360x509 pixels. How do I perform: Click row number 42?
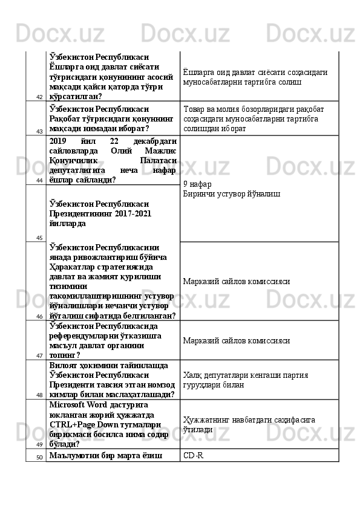tap(38, 96)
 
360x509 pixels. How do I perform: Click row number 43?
tap(38, 131)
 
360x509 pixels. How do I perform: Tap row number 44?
tap(38, 180)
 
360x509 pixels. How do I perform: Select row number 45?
tap(38, 238)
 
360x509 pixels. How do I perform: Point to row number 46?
tap(38, 316)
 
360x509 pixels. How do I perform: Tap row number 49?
tap(38, 444)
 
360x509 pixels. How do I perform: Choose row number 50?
tap(38, 456)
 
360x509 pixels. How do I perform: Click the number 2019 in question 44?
tap(61, 140)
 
